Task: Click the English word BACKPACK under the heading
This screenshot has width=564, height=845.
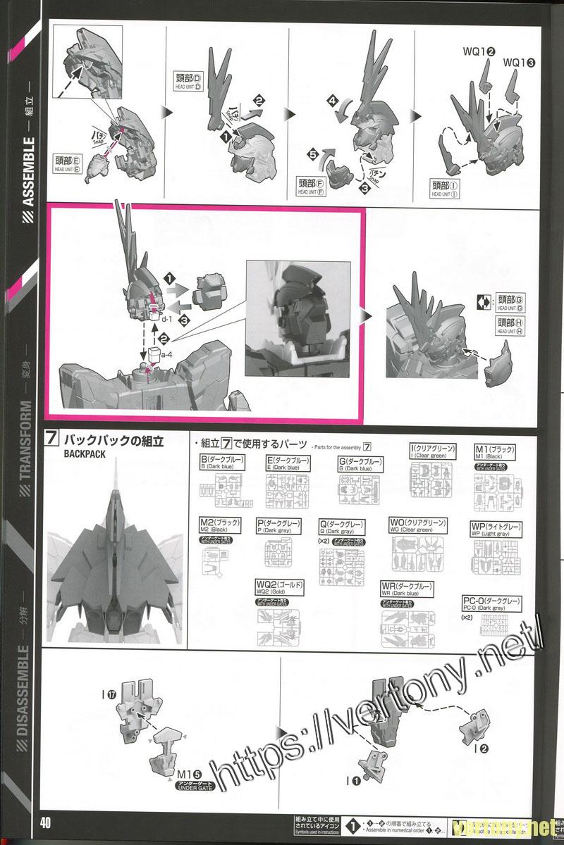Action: [x=85, y=455]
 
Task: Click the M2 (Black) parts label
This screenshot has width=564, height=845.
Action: [x=220, y=526]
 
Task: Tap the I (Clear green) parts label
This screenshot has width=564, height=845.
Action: [x=433, y=451]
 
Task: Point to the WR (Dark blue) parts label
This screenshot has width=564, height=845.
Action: [x=407, y=589]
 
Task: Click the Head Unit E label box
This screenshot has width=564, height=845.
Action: [x=68, y=163]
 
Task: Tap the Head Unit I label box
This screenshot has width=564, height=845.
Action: [x=446, y=188]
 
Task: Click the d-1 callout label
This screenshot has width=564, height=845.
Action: [x=166, y=319]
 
